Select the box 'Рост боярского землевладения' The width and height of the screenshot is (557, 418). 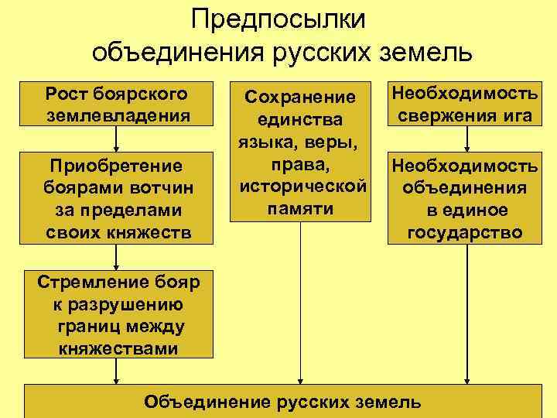(x=117, y=104)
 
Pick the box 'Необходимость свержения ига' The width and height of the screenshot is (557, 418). (x=465, y=104)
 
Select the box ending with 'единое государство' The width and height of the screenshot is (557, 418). (x=465, y=198)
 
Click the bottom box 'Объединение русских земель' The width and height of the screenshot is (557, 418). (x=283, y=401)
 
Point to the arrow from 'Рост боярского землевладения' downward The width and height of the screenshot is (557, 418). (x=117, y=139)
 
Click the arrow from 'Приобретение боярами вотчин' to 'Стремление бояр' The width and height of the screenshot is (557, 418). (x=117, y=256)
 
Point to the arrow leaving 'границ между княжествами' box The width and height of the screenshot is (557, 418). (x=117, y=372)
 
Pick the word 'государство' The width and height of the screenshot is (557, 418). (x=465, y=232)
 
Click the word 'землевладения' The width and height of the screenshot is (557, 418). (x=117, y=115)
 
